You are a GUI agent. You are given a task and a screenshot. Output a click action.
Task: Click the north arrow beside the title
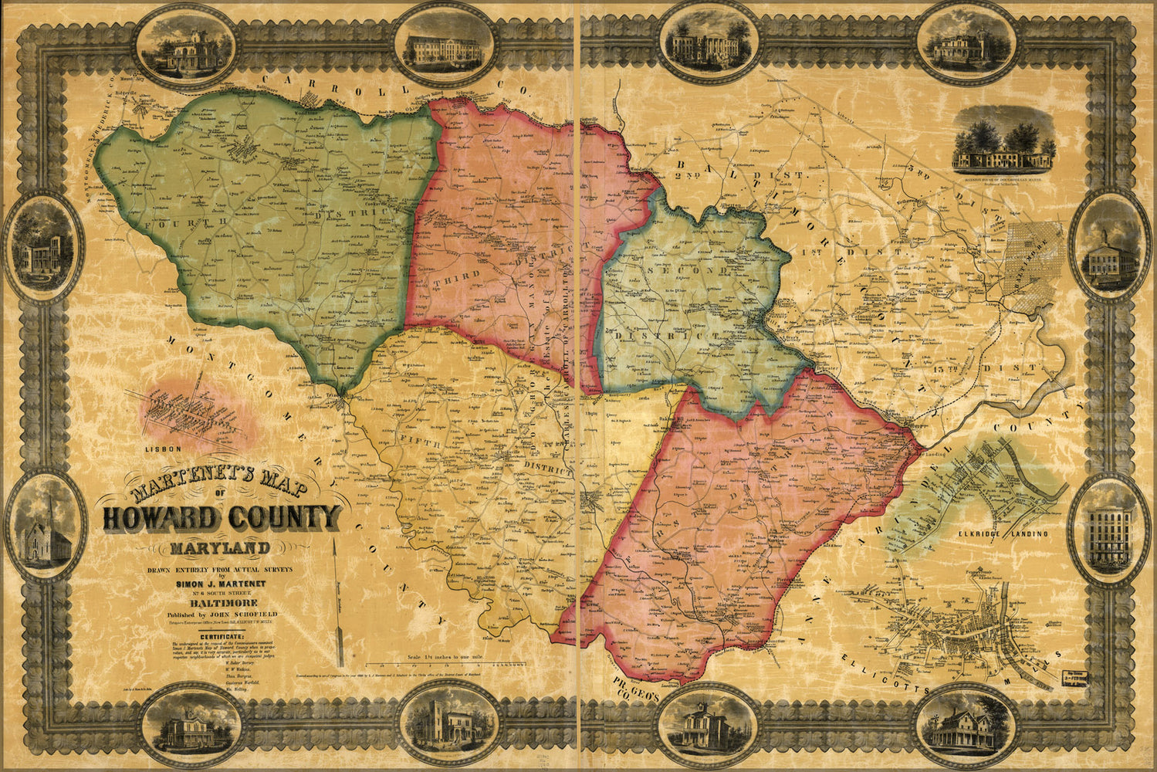point(338,602)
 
